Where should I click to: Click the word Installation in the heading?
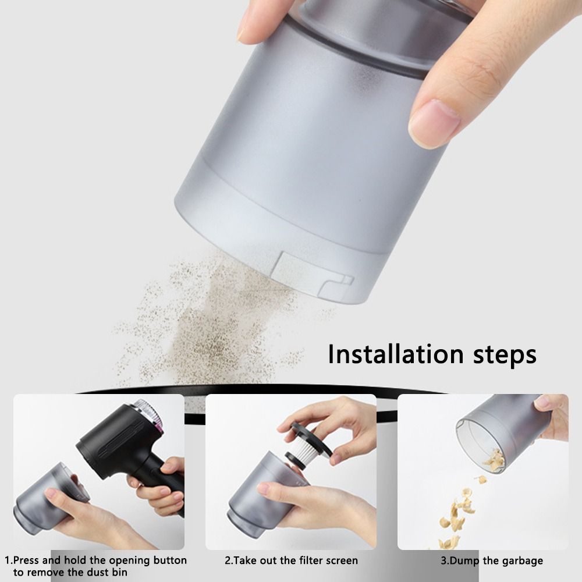[x=396, y=354]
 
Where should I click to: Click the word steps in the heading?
[x=505, y=356]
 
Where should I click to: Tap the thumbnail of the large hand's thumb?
[x=433, y=122]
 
